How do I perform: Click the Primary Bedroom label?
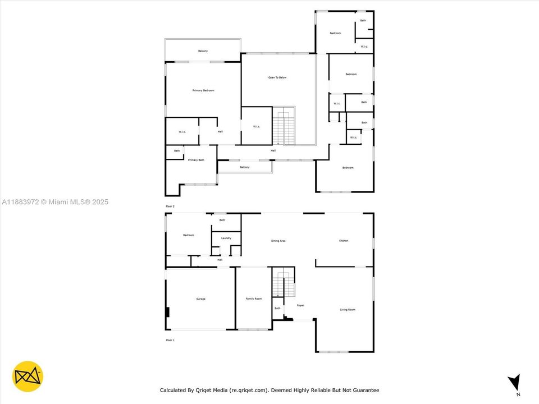point(203,90)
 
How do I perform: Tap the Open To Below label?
point(277,77)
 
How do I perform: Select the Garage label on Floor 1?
point(200,299)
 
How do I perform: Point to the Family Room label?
point(254,299)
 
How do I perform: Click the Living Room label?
point(348,310)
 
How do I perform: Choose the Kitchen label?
point(344,241)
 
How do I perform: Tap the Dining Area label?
point(278,241)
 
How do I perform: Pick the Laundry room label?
point(226,238)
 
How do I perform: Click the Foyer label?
point(300,305)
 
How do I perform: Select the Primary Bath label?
point(196,160)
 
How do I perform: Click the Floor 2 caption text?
point(170,207)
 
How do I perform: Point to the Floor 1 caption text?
point(170,341)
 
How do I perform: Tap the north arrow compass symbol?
point(514,383)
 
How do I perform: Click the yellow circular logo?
point(28,377)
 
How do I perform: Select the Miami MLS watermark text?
point(55,202)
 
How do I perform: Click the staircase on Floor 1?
point(283,283)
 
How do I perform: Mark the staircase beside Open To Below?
point(284,127)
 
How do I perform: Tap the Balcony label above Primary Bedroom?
point(203,52)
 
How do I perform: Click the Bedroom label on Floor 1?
point(189,235)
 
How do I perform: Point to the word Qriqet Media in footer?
point(210,391)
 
